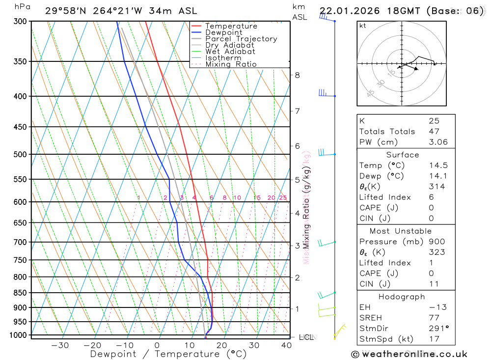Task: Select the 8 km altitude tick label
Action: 297,75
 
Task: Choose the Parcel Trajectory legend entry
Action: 241,39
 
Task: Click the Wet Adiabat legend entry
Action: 230,52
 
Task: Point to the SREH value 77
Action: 434,318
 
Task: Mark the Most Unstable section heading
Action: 401,231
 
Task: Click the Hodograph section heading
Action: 402,297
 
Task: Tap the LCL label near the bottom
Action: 306,337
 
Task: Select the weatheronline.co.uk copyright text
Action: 409,354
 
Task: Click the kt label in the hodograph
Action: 363,26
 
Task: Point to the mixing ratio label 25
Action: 283,198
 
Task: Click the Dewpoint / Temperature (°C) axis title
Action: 168,354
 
